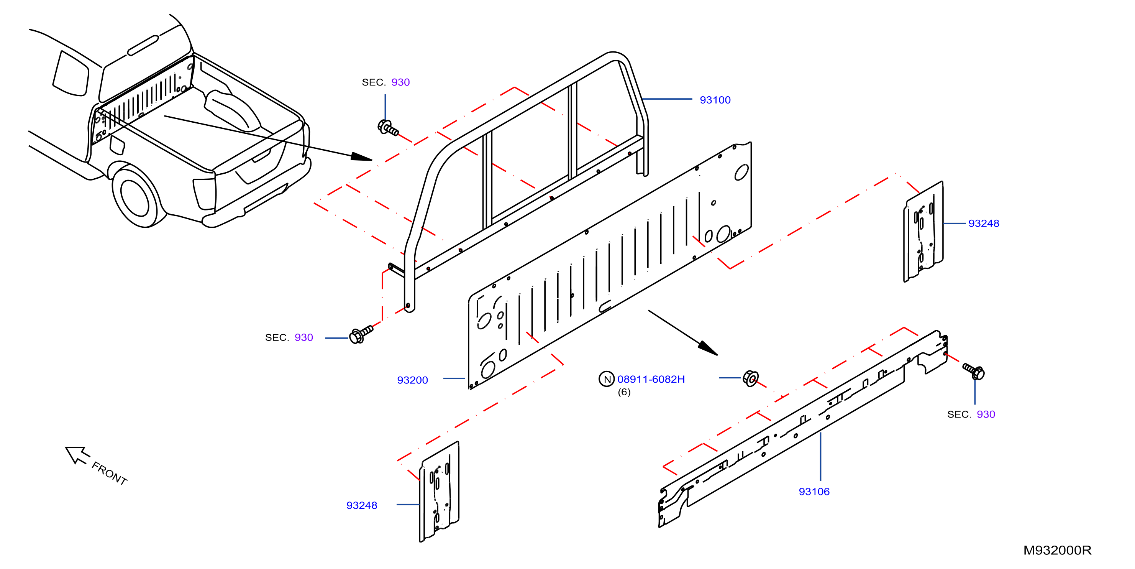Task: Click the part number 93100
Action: [x=715, y=100]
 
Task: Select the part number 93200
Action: [x=412, y=380]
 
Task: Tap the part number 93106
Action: [x=814, y=492]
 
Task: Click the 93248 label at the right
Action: [x=983, y=224]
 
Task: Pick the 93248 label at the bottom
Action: [x=362, y=505]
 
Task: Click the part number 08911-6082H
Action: [x=651, y=379]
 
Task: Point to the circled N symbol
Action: [x=607, y=379]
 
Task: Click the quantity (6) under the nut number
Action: [x=624, y=392]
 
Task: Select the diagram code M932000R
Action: [x=1057, y=550]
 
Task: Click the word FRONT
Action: [x=109, y=473]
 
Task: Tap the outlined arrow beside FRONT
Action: [x=77, y=455]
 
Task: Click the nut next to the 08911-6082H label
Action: [x=750, y=378]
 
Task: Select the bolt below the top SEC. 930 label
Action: [x=388, y=128]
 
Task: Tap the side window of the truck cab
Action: [x=71, y=74]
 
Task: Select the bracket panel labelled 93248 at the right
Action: [x=923, y=231]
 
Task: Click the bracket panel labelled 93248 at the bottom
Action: [x=439, y=492]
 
